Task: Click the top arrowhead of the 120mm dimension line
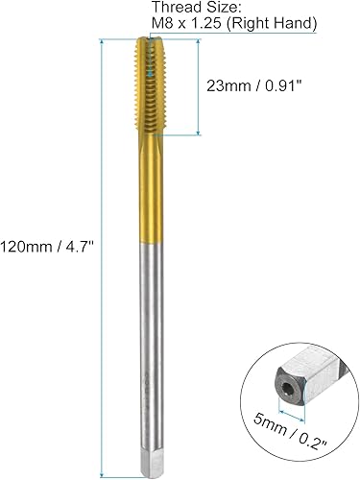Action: coord(101,41)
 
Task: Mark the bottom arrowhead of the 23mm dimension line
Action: coord(199,132)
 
